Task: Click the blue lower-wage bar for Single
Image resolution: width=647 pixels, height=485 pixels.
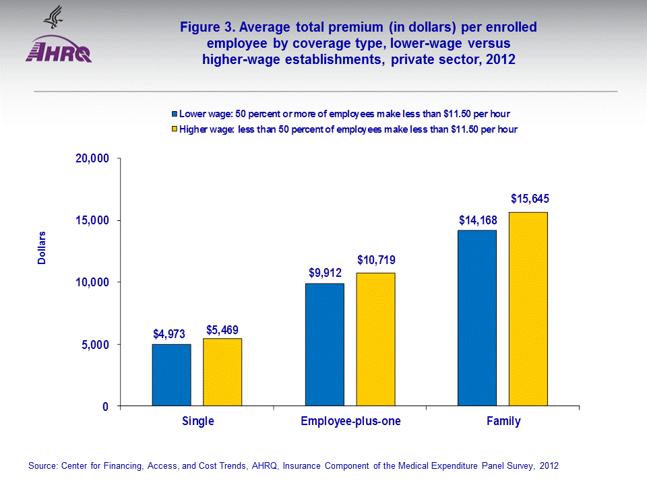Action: (171, 375)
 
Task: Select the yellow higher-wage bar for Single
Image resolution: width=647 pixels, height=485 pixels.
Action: (222, 373)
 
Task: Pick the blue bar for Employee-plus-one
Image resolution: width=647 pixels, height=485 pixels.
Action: (324, 345)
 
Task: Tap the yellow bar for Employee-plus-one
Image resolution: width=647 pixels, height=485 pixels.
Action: (375, 339)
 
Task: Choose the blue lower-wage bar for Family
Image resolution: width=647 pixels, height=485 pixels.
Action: (477, 318)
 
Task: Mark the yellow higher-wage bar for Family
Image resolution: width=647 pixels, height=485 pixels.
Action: (528, 309)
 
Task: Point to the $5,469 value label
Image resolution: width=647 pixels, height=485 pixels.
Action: (222, 330)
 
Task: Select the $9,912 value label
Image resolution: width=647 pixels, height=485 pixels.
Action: (326, 273)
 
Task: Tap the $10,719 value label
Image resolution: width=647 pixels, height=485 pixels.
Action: (377, 260)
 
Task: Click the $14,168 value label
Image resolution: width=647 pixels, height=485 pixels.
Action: (478, 220)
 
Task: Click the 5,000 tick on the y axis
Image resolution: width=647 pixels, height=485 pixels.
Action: (94, 345)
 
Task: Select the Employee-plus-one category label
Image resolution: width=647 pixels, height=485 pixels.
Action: (350, 422)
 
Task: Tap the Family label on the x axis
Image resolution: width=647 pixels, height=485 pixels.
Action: (503, 422)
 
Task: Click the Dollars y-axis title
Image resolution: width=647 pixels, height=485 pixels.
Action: (42, 248)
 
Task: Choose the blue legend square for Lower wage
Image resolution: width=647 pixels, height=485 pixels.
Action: (174, 113)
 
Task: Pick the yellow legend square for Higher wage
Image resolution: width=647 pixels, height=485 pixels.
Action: (174, 129)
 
